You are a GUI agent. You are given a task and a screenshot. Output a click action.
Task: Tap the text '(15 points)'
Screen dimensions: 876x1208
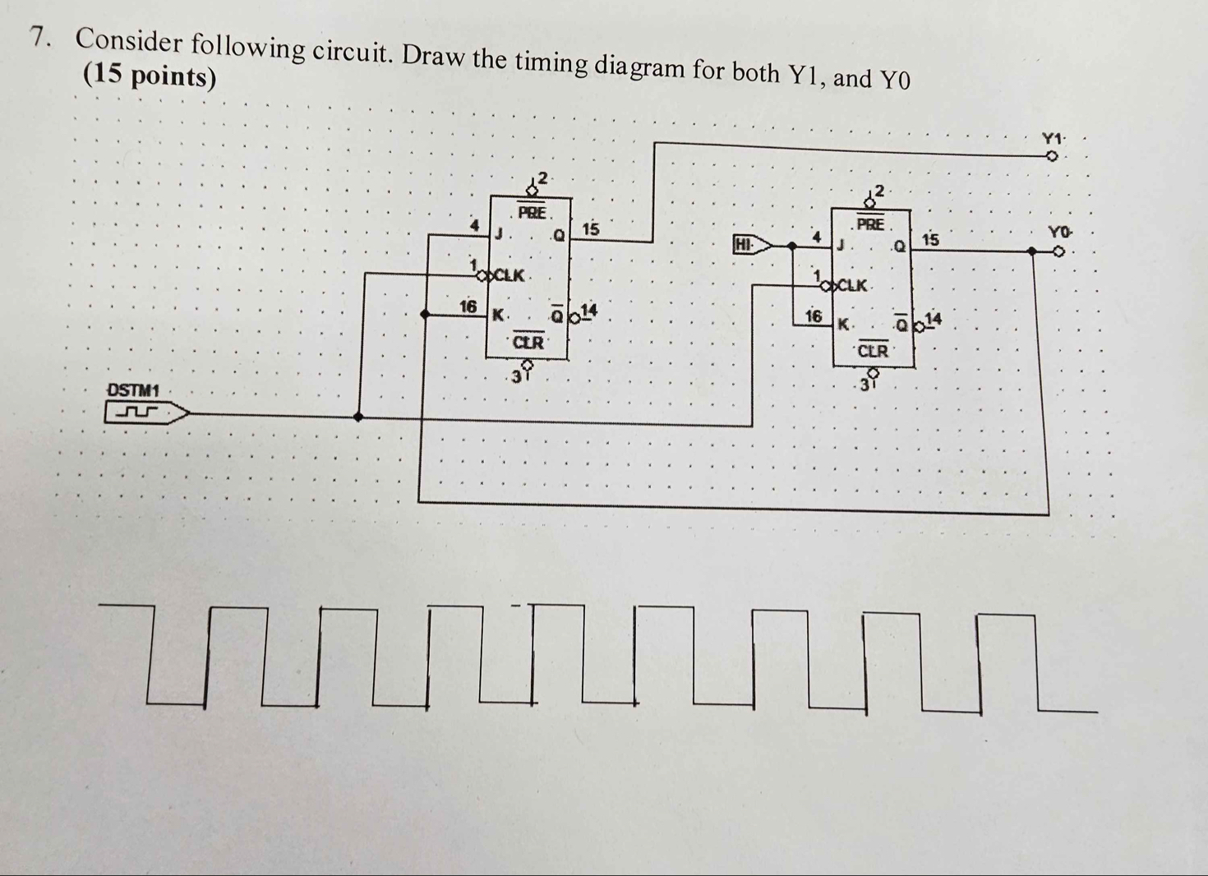tap(150, 76)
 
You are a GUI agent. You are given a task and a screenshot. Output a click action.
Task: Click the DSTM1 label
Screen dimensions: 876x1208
tap(133, 389)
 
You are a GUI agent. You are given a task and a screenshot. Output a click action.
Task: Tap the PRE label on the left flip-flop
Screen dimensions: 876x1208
tap(533, 212)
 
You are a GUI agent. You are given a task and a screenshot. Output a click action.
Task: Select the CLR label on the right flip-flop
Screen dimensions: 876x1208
tap(873, 352)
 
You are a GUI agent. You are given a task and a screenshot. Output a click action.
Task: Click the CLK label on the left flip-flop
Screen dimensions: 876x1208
tap(509, 274)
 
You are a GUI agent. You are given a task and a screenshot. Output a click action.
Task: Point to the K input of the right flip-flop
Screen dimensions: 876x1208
tap(842, 325)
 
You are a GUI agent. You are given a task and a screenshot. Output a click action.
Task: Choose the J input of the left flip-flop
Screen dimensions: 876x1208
tap(498, 233)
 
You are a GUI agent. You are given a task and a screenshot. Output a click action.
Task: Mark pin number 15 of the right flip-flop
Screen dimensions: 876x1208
tap(929, 240)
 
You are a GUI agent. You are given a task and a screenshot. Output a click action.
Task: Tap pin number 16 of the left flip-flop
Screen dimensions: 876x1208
tap(468, 307)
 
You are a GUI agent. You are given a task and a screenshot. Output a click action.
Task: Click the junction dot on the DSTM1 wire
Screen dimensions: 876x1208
tap(358, 417)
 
